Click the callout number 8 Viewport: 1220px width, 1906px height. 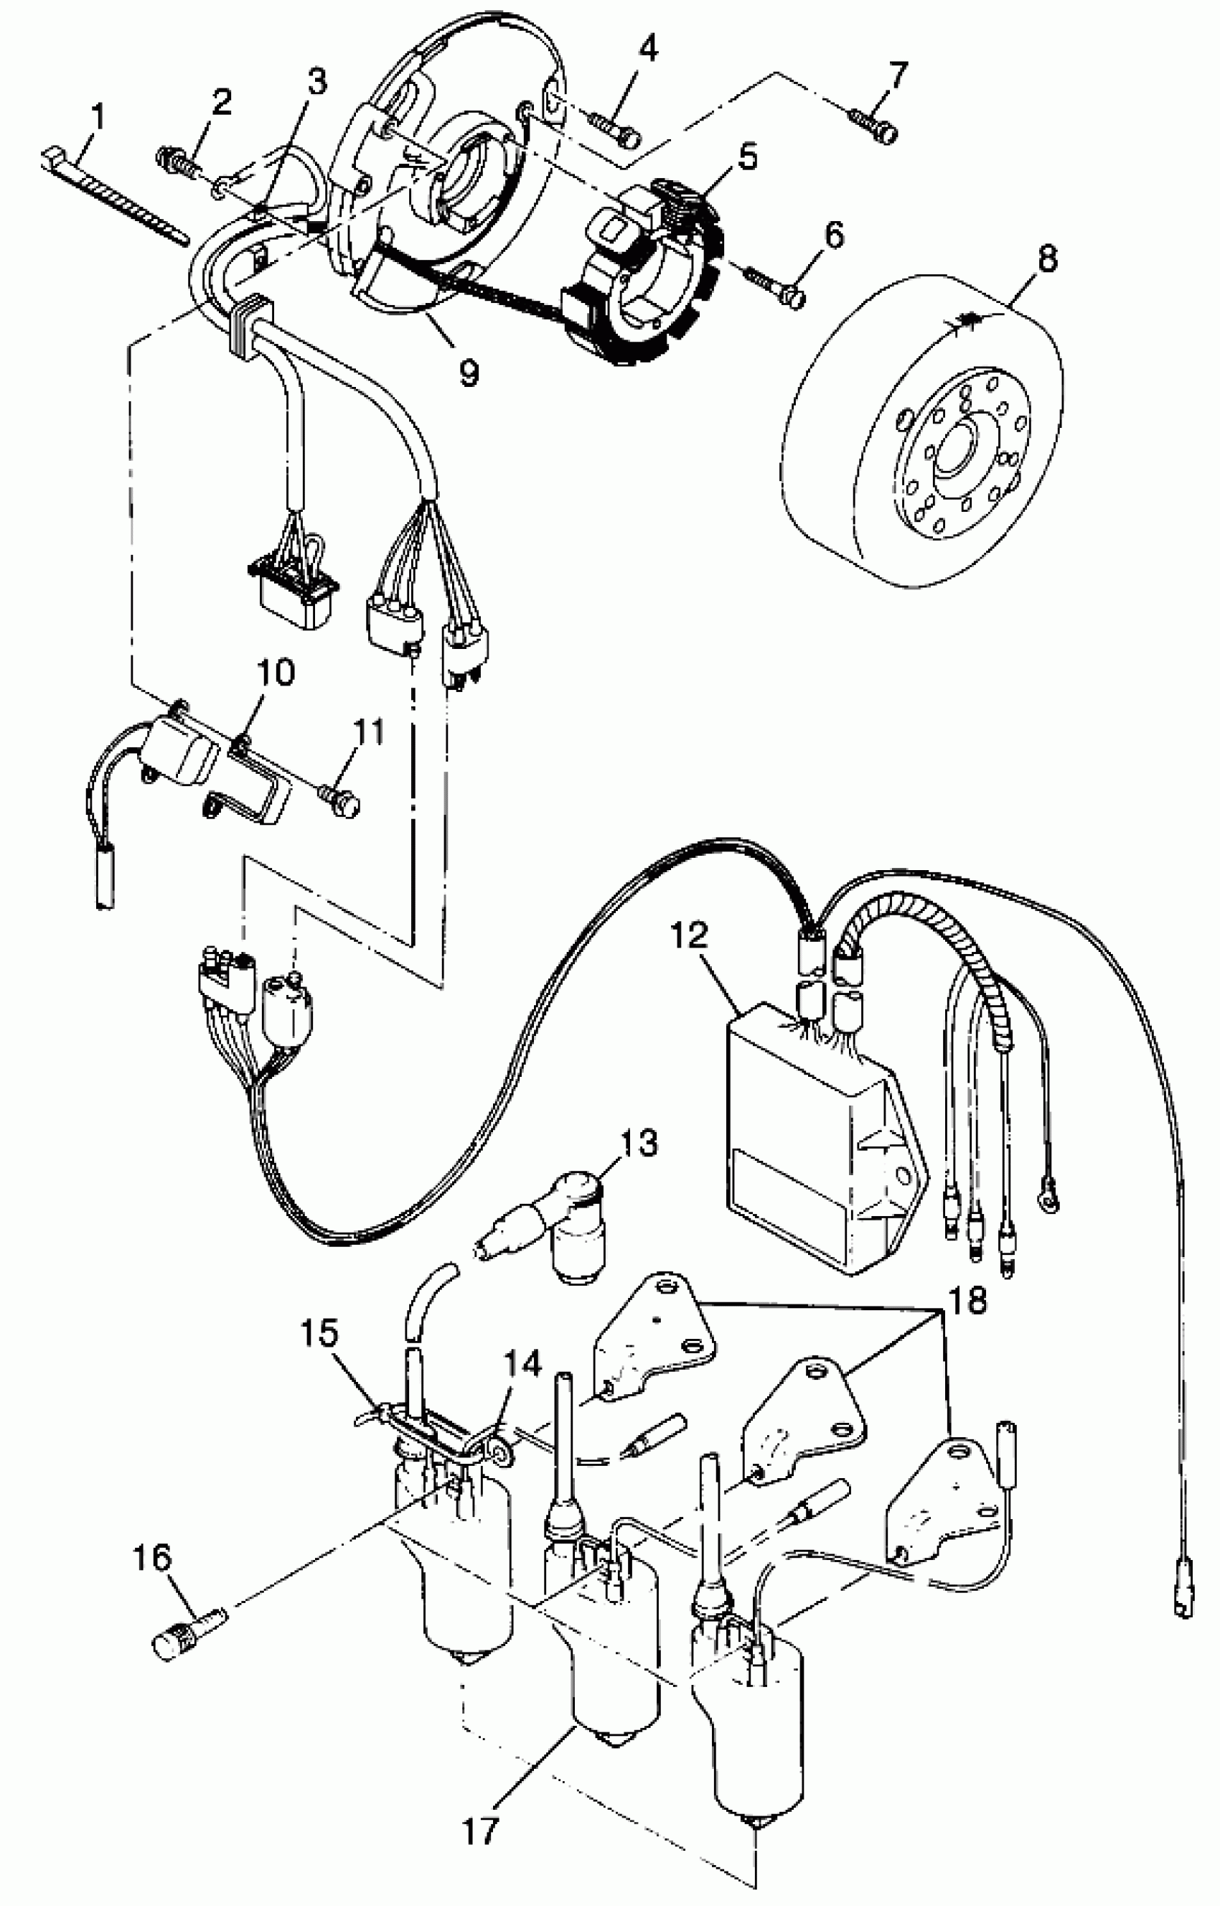pos(1046,259)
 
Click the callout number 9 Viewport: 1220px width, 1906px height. pos(469,371)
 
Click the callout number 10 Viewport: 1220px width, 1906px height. pos(274,673)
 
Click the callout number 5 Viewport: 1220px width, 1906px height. pos(747,155)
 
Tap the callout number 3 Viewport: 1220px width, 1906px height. pos(317,82)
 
